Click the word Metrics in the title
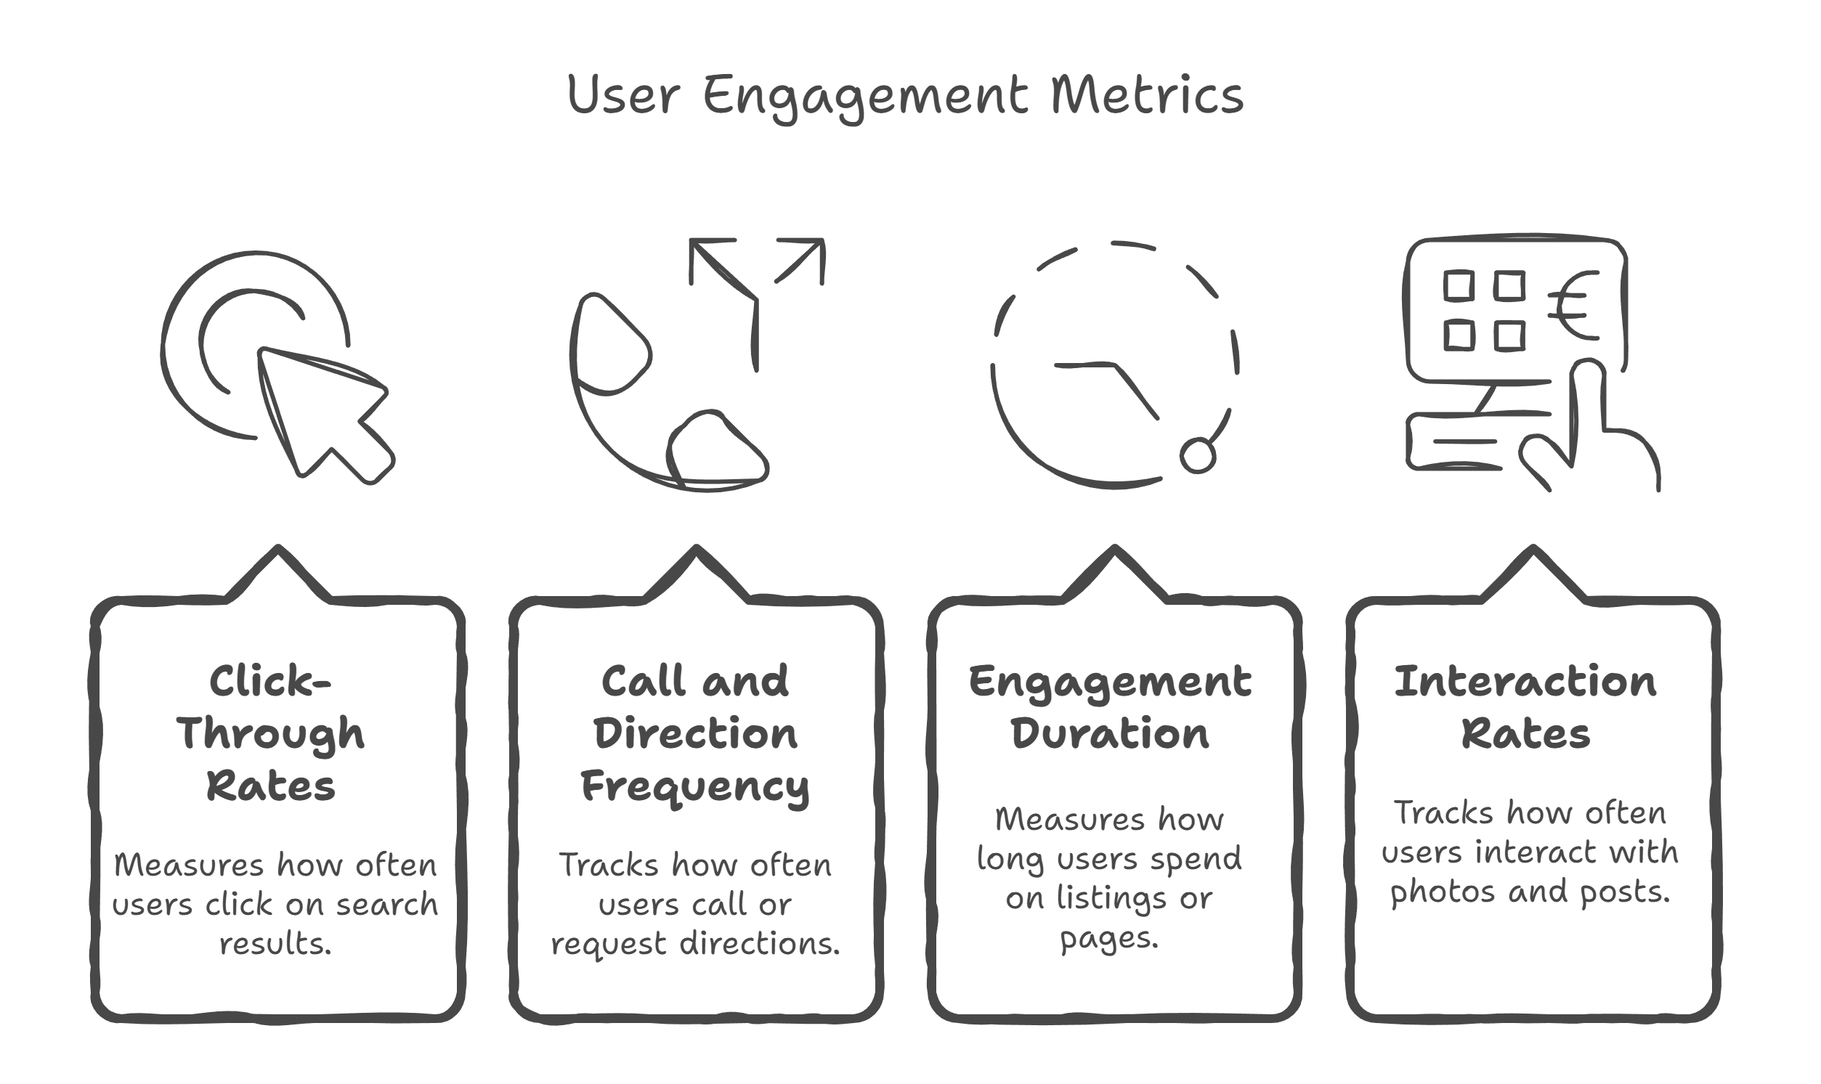[x=1146, y=95]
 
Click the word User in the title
[x=623, y=95]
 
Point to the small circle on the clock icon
[x=1198, y=456]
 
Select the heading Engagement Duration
[x=1110, y=707]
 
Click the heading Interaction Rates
[x=1526, y=707]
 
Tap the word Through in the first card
[x=270, y=734]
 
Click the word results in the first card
[x=275, y=944]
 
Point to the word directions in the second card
[x=760, y=944]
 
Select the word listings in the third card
[x=1111, y=898]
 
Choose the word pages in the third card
[x=1108, y=939]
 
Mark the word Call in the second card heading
[x=644, y=681]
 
